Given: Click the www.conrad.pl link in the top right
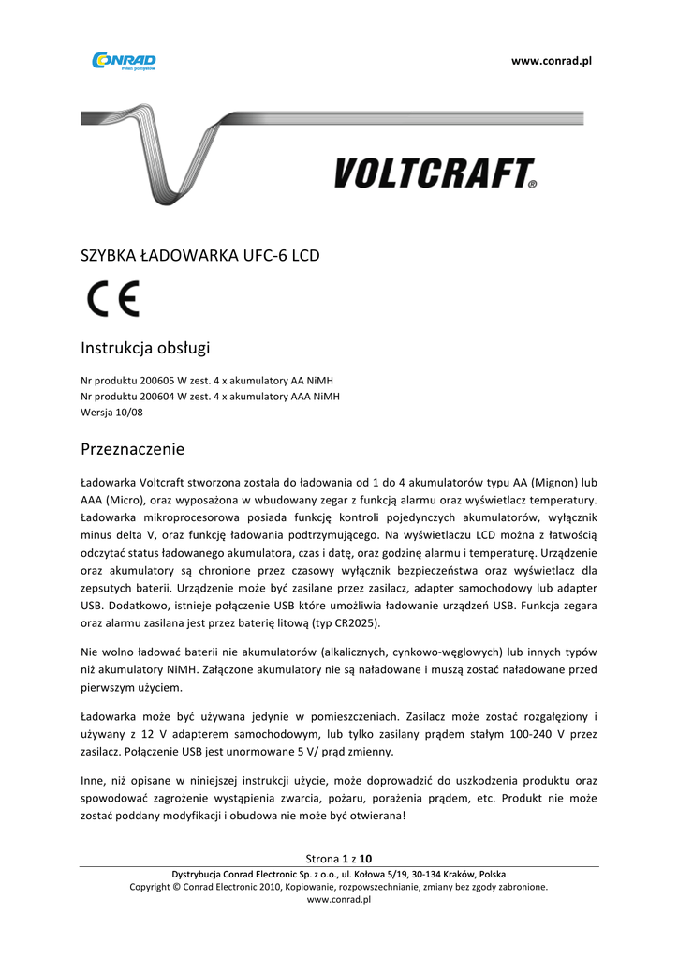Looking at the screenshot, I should pos(552,61).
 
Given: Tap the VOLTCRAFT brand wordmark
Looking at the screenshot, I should pos(433,173).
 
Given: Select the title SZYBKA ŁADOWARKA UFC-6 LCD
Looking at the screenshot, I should pos(200,254).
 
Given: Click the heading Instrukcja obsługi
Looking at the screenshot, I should pos(145,349).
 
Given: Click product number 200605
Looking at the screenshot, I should pos(155,381).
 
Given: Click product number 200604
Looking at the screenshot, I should pos(155,397).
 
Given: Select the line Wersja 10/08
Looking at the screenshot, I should pos(106,412).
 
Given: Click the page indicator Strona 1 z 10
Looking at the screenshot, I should pos(339,859).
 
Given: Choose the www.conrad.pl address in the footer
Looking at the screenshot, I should pos(339,899).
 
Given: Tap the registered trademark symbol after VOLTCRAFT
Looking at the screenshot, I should pos(532,186).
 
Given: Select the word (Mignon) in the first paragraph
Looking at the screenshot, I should pos(554,482).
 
